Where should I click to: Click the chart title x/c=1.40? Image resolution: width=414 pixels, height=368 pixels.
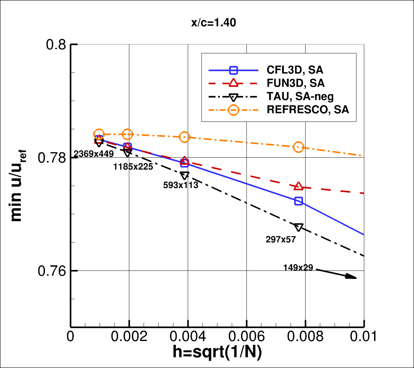(214, 23)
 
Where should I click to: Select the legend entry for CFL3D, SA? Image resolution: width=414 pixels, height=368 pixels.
(295, 70)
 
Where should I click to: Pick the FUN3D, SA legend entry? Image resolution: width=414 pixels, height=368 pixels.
(296, 83)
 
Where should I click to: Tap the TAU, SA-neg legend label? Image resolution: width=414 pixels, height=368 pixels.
(300, 97)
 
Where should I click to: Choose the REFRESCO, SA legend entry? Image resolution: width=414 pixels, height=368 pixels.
(308, 110)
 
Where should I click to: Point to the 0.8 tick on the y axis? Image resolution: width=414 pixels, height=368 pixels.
(56, 45)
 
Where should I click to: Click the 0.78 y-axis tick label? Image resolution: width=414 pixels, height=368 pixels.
(52, 158)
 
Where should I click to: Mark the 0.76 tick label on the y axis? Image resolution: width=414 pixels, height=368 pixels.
(52, 271)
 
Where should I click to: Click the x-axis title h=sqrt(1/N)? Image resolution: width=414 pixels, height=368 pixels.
(217, 352)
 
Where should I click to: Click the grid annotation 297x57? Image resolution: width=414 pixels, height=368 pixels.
(281, 239)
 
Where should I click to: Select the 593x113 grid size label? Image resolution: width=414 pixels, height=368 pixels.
(181, 185)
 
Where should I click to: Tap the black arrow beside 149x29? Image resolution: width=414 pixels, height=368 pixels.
(336, 273)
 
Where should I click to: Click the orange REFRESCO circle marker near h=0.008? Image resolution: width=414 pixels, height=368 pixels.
(298, 147)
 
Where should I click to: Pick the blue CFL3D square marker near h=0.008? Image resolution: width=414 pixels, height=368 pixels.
(298, 201)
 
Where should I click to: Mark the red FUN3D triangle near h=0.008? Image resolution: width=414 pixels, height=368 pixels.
(298, 186)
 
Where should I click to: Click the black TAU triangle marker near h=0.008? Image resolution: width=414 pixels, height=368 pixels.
(298, 227)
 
